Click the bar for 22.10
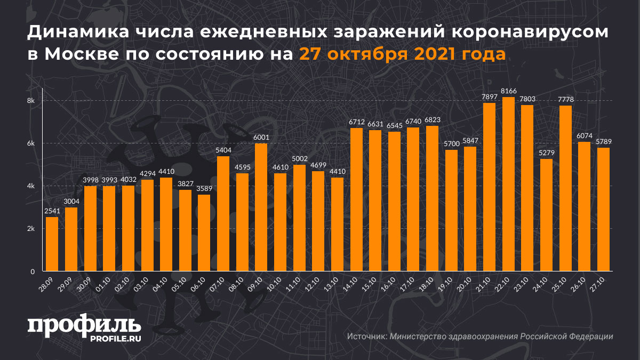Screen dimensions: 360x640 click(x=508, y=184)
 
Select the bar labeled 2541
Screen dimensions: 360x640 click(x=52, y=244)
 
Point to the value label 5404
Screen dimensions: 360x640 click(x=223, y=151)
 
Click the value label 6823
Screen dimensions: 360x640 click(x=432, y=121)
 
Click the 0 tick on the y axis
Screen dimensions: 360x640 click(x=33, y=271)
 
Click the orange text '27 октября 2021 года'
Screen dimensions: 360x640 click(x=402, y=54)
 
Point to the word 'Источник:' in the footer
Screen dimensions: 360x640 click(x=367, y=337)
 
